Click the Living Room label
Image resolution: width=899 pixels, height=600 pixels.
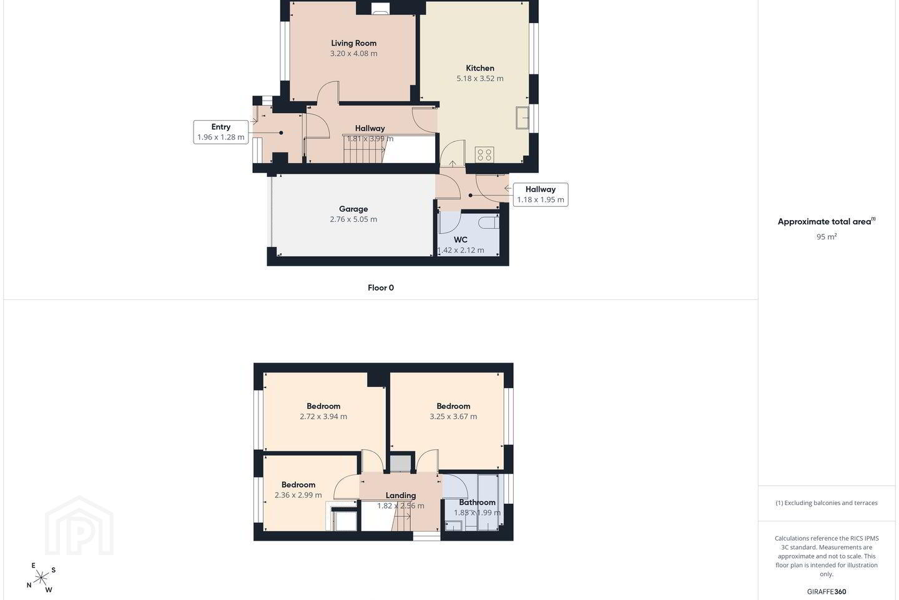pyautogui.click(x=353, y=43)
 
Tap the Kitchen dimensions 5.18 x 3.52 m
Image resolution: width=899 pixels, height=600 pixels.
pyautogui.click(x=479, y=78)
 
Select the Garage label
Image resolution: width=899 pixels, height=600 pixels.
pyautogui.click(x=353, y=209)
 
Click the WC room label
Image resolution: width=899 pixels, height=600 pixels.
pyautogui.click(x=460, y=239)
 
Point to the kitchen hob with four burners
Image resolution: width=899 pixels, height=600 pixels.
pyautogui.click(x=484, y=155)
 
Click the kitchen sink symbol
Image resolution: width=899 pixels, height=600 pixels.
pyautogui.click(x=522, y=117)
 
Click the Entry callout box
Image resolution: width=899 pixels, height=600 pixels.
pyautogui.click(x=221, y=132)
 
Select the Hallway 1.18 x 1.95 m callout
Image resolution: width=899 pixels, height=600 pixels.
pyautogui.click(x=540, y=194)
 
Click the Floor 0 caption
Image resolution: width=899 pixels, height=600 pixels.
pyautogui.click(x=380, y=287)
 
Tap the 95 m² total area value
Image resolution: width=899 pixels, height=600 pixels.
pyautogui.click(x=827, y=237)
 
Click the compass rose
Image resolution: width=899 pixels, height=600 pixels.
pyautogui.click(x=41, y=578)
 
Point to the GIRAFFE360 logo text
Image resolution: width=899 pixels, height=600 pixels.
pyautogui.click(x=827, y=591)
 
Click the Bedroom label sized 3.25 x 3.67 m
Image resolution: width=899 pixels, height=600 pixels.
pyautogui.click(x=453, y=406)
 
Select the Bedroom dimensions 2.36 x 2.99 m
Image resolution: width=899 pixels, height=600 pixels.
pyautogui.click(x=298, y=495)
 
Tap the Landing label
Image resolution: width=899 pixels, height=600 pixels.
pyautogui.click(x=401, y=496)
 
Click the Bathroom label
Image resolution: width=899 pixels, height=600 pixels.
pyautogui.click(x=477, y=502)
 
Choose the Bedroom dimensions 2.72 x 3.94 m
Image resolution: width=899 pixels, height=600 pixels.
pyautogui.click(x=323, y=417)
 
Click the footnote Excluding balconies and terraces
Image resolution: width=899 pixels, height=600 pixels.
pyautogui.click(x=827, y=502)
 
